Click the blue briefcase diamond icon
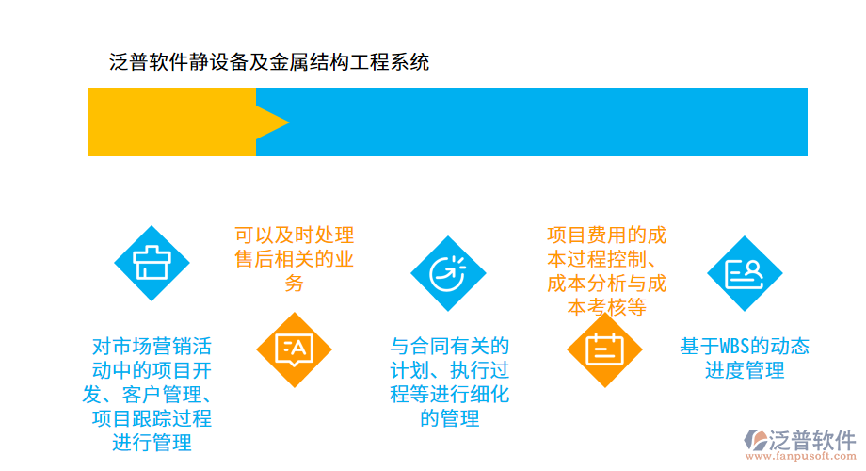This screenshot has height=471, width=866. [152, 263]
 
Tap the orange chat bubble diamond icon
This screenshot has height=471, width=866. [295, 349]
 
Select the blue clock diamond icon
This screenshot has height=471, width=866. [448, 273]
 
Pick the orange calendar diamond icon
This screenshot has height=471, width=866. [604, 349]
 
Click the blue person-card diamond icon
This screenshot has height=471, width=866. [745, 273]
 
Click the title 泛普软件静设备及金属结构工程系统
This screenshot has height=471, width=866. [270, 63]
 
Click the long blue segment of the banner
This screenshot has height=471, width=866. [546, 122]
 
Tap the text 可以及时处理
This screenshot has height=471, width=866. [295, 235]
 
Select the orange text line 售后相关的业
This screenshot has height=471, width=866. [295, 260]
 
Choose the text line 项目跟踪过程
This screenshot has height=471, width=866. [152, 418]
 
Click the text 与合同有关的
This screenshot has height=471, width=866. [450, 345]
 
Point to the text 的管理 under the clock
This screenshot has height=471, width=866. [450, 418]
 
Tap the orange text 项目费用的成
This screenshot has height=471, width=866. [606, 235]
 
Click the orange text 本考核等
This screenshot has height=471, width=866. [606, 307]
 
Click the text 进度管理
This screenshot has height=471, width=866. [745, 370]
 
